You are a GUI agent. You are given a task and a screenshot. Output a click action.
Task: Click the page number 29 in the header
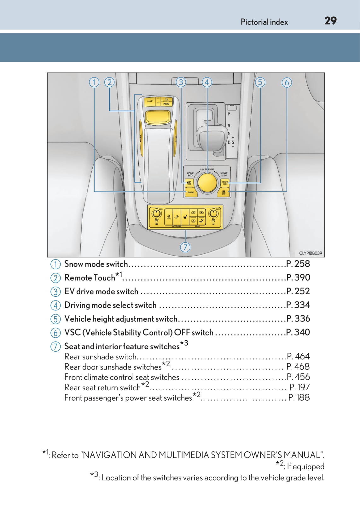330,21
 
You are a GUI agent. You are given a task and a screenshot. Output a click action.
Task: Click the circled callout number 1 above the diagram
94,83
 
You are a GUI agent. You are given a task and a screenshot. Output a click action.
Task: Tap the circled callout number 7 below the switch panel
185,247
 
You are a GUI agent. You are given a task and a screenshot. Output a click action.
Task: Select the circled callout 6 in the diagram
287,83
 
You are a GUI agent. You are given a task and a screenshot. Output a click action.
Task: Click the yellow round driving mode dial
207,182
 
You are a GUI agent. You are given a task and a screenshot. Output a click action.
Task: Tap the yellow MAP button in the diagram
150,101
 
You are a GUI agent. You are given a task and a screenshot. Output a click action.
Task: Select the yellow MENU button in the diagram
166,102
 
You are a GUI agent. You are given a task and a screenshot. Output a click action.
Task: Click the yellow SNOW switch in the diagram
190,192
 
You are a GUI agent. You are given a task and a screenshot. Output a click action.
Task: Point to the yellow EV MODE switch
189,182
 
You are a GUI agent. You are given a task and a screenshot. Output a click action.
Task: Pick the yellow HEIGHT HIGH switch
225,183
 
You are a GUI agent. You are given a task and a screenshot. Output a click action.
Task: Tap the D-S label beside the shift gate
231,142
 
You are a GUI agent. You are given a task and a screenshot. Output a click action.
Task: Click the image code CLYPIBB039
310,253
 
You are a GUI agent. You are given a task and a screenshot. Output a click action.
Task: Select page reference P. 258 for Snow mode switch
298,264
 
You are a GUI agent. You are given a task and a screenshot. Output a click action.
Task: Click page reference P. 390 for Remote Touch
298,278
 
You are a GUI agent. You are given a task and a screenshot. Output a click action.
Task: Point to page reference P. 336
298,318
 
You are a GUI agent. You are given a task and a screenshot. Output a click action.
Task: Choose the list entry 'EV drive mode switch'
101,291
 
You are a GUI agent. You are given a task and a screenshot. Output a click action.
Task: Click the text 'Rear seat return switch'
102,387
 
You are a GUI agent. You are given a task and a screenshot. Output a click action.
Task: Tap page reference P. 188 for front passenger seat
299,398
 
